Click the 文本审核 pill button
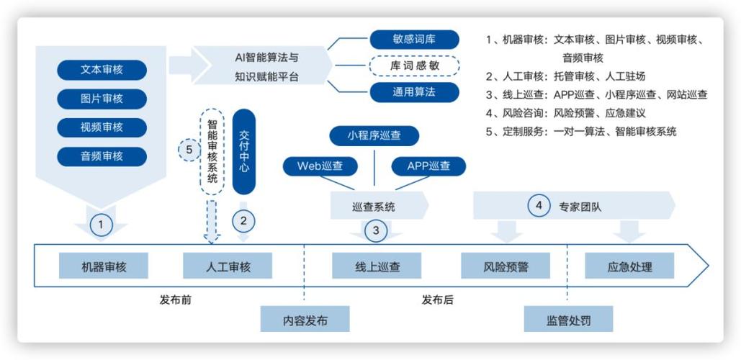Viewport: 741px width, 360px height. [x=102, y=70]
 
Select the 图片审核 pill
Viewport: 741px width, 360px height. [x=102, y=99]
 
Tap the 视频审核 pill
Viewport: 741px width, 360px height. [x=102, y=127]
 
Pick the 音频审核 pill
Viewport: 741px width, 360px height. [x=102, y=156]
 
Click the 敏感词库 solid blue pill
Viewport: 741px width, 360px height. [x=414, y=39]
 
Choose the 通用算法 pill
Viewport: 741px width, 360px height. [x=414, y=92]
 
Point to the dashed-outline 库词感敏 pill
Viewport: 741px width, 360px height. [x=414, y=66]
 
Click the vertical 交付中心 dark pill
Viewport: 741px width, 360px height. [x=244, y=151]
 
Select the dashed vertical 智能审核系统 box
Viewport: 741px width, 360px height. [x=212, y=151]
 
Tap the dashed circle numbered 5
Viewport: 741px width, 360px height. [x=189, y=150]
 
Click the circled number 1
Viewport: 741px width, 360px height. [x=100, y=225]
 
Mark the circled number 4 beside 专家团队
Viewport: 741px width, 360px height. [x=539, y=205]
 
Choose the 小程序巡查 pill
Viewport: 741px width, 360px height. [x=374, y=136]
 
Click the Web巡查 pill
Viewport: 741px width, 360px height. [x=320, y=166]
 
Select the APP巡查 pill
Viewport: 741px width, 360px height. [x=428, y=166]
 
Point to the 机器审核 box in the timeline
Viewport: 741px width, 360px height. [x=104, y=266]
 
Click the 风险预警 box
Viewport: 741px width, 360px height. [x=506, y=266]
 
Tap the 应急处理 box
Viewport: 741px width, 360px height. [x=629, y=266]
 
